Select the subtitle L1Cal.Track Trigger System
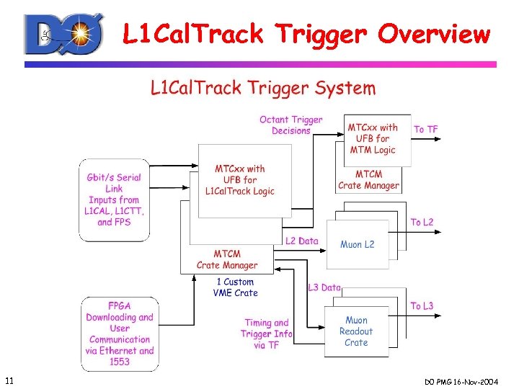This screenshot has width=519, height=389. [262, 89]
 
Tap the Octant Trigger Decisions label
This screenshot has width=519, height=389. [291, 125]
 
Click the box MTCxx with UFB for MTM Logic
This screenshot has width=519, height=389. [373, 138]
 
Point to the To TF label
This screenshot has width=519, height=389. [425, 130]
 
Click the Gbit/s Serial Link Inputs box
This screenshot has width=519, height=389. [114, 200]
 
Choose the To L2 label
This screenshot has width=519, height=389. [422, 223]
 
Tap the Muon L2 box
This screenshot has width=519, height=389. [357, 245]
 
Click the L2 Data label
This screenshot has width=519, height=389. [301, 241]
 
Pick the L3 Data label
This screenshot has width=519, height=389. [324, 288]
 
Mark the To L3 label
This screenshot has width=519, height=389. [422, 306]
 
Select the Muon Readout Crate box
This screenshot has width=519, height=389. [356, 331]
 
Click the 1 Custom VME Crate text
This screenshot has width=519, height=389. [235, 287]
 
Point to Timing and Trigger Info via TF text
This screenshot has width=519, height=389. [267, 334]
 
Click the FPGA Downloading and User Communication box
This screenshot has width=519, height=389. [120, 334]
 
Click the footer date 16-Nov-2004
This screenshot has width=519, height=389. [480, 380]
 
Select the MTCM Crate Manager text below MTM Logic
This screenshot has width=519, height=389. [368, 180]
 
